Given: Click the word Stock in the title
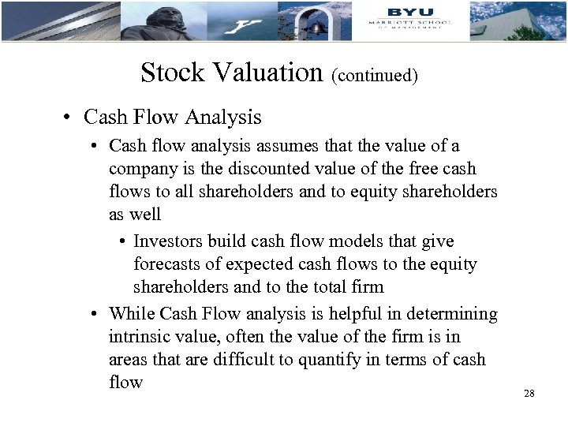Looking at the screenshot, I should click(x=170, y=73).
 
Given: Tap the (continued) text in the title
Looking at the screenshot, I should click(x=375, y=76).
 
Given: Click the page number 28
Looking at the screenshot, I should click(x=529, y=393).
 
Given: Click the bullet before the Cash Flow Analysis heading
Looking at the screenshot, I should click(x=70, y=118).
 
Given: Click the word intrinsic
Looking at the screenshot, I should click(x=136, y=337).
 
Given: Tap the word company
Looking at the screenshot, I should click(x=139, y=169).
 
